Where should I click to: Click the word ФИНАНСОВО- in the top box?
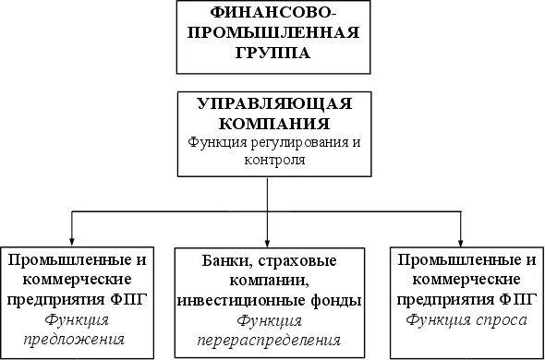click(x=267, y=13)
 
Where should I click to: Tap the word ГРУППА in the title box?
click(x=267, y=53)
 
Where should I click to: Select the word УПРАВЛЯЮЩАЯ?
click(x=267, y=103)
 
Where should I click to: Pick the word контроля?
click(x=267, y=159)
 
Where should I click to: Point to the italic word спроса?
click(x=502, y=320)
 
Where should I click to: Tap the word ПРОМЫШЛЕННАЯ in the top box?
click(x=267, y=33)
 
